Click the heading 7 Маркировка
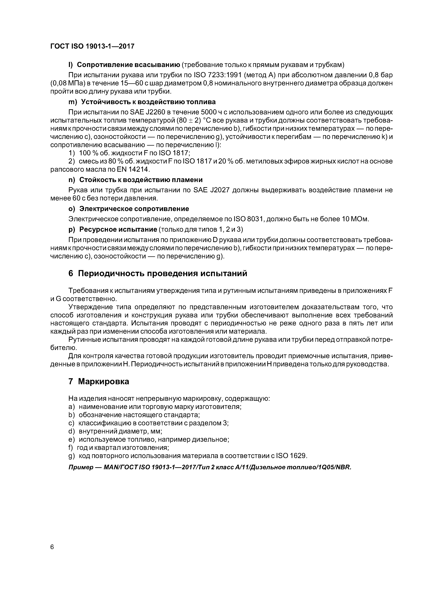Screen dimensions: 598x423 pyautogui.click(x=99, y=382)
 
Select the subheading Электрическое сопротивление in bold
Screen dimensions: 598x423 pyautogui.click(x=134, y=209)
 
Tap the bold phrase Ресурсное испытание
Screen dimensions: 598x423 pyautogui.click(x=118, y=229)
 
